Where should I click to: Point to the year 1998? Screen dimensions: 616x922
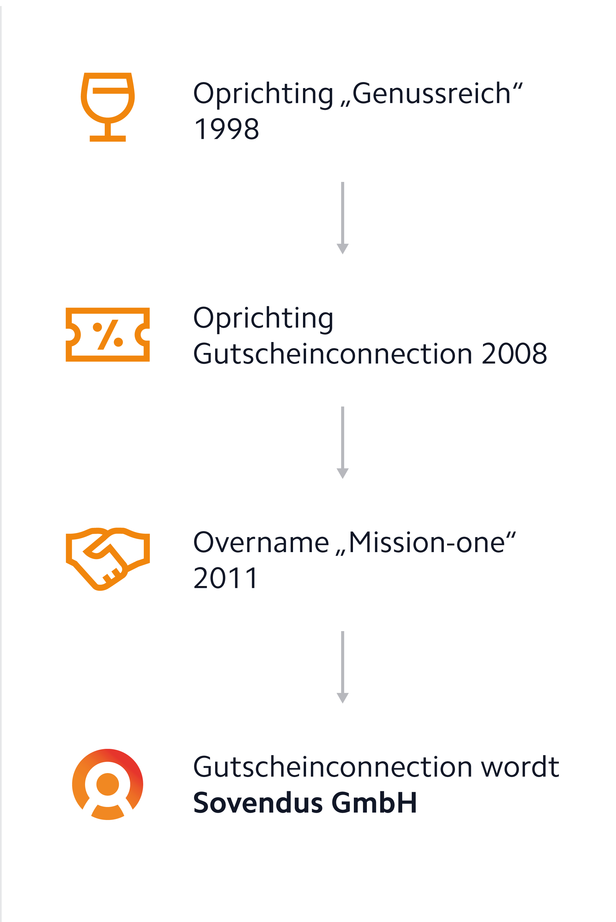pyautogui.click(x=227, y=129)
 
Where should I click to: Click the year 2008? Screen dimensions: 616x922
pyautogui.click(x=514, y=354)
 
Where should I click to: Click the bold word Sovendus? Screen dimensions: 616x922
pyautogui.click(x=258, y=802)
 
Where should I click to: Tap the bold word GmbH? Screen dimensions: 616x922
pyautogui.click(x=374, y=802)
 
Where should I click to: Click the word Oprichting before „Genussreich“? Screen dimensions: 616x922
pyautogui.click(x=263, y=94)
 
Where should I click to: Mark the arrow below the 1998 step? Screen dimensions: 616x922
pyautogui.click(x=343, y=218)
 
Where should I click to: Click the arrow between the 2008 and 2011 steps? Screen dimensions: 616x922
pyautogui.click(x=343, y=443)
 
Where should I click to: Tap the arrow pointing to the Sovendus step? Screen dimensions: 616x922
pyautogui.click(x=343, y=667)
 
